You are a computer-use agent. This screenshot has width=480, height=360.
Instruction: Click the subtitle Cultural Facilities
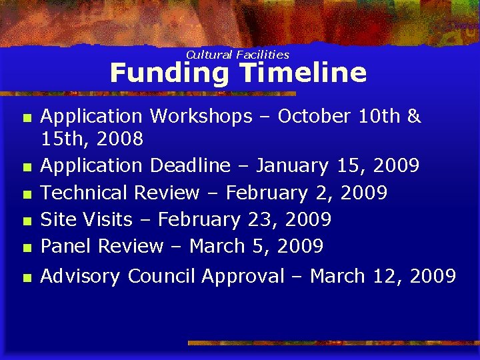tap(237, 55)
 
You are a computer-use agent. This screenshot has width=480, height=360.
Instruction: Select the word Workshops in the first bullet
tap(201, 116)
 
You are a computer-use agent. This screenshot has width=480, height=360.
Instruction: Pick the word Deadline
tap(190, 165)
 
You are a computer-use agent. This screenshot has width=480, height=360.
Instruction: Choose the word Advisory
tap(81, 276)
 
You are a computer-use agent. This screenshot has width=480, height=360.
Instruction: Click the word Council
tap(162, 276)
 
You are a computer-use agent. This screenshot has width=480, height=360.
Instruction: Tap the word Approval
tap(243, 276)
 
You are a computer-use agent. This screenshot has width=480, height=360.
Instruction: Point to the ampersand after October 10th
tap(414, 116)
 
